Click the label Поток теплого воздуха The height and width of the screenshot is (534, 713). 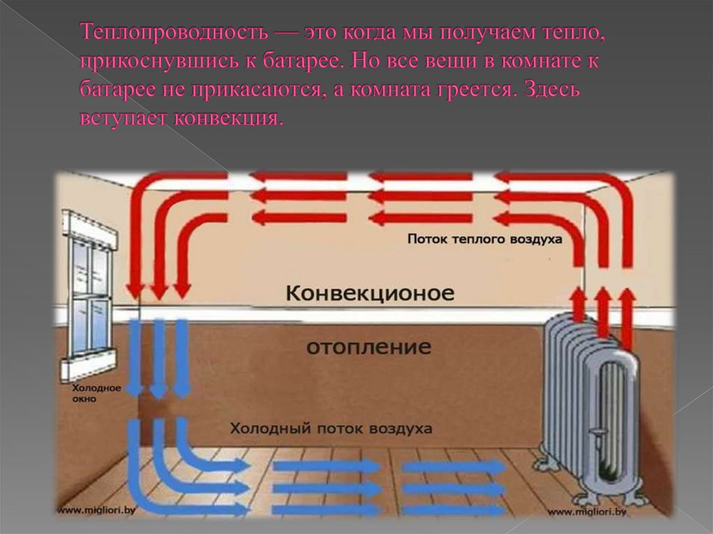(x=485, y=239)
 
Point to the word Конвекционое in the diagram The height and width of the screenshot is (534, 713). (x=370, y=293)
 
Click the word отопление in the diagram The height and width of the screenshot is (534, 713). (x=369, y=346)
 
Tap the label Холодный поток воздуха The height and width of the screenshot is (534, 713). (x=331, y=427)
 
